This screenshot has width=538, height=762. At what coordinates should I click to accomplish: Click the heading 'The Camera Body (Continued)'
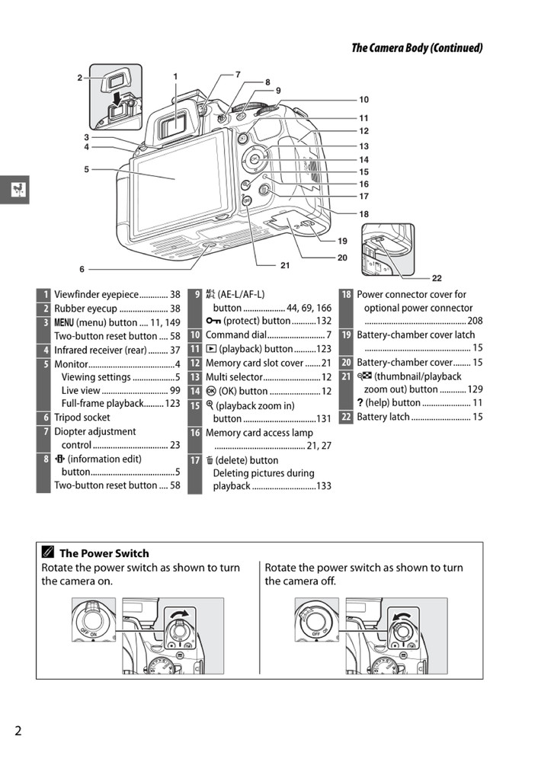click(x=416, y=48)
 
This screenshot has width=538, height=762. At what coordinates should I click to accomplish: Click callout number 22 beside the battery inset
click(x=437, y=278)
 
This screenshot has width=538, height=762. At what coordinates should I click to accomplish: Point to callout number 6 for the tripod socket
click(x=82, y=269)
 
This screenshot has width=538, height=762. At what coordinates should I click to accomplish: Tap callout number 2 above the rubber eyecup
click(x=79, y=78)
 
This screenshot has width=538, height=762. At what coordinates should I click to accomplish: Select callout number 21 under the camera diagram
click(x=285, y=265)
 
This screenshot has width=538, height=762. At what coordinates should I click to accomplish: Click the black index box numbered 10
click(x=195, y=335)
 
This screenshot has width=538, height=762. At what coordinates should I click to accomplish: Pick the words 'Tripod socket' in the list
click(x=82, y=418)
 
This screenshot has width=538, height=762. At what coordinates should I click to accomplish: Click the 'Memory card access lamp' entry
click(x=259, y=433)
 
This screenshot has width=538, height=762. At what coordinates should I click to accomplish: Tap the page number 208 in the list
click(x=475, y=321)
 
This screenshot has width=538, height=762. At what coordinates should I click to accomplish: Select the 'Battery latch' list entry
click(x=383, y=417)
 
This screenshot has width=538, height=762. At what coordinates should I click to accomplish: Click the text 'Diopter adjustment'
click(x=94, y=431)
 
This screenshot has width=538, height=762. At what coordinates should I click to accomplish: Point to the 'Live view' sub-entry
click(x=81, y=390)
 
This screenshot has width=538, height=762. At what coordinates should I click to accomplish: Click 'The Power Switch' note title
click(x=104, y=553)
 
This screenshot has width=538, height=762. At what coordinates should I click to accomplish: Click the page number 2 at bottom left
click(x=18, y=731)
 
